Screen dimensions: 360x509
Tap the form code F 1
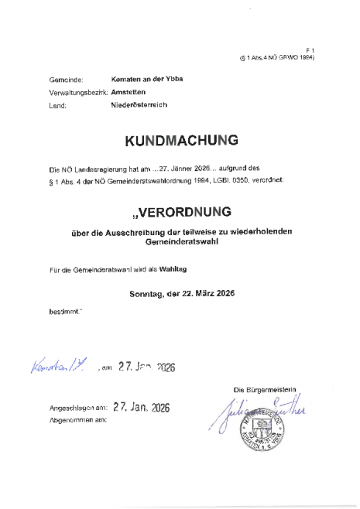coord(309,48)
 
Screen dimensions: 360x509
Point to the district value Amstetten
coord(118,91)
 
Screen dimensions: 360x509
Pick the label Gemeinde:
coord(63,80)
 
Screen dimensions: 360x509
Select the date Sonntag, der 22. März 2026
coord(182,294)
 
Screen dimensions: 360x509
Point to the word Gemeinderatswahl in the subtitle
coord(182,241)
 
